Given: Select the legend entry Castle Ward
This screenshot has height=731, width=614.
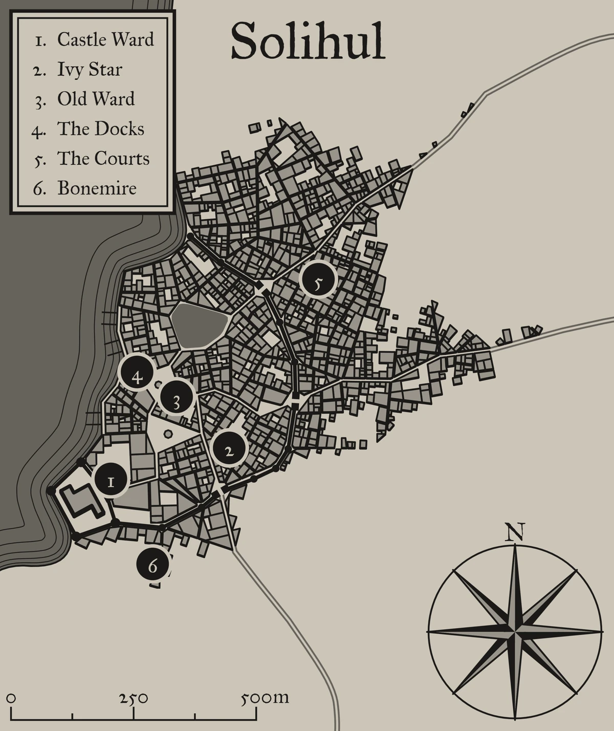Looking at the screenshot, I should coord(105,39).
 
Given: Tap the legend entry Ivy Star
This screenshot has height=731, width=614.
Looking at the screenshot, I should coord(90,70).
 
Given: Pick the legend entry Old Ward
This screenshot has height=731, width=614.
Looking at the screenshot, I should coord(96,99).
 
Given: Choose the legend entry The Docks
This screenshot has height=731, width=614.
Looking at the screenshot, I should coord(100,129).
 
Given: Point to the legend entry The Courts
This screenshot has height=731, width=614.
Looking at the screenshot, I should coord(103,159).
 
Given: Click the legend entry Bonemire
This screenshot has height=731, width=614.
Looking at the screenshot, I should coord(97,188).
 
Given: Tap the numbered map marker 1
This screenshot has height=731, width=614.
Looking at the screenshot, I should coord(111,481).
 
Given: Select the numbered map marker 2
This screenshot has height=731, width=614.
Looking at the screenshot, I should coord(229,450).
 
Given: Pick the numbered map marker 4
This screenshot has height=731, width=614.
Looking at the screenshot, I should coord(137,377).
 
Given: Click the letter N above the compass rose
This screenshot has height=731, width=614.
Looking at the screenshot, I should coord(514,533).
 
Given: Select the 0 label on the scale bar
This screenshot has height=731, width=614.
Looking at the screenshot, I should coord(11,698).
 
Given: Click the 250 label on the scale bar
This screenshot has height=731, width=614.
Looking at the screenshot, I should coord(134,698).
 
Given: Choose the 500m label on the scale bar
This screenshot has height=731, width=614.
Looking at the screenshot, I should coord(265,698).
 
